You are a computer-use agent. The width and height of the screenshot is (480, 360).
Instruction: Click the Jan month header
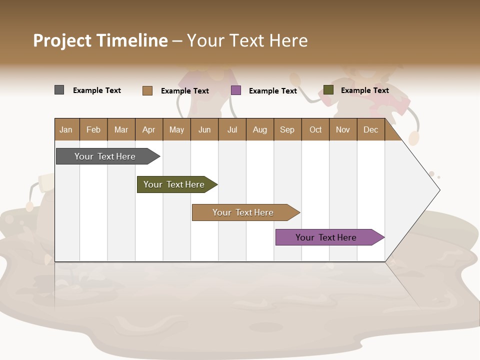click(66, 129)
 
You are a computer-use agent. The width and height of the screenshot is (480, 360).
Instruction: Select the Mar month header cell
click(121, 129)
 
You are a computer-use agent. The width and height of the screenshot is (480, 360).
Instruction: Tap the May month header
click(176, 129)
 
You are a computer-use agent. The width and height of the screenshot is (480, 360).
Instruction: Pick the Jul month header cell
click(232, 129)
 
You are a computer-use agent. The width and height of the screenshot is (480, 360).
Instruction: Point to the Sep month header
click(287, 129)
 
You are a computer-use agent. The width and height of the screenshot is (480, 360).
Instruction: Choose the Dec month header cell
click(370, 129)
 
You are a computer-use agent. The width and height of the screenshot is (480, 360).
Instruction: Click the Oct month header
click(315, 129)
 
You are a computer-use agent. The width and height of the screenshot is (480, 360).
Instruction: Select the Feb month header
click(93, 129)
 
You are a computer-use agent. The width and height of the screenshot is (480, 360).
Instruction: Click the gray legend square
click(59, 90)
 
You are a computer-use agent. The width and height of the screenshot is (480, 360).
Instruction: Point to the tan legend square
click(147, 90)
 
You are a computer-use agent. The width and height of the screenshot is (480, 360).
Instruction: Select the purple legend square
click(236, 90)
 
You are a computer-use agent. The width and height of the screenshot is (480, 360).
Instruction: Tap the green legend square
click(328, 90)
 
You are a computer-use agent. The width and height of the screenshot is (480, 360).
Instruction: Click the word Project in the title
click(62, 40)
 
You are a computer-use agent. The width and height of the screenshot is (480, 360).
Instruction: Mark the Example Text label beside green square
click(364, 90)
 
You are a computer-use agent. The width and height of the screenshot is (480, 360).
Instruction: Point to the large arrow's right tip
click(438, 190)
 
